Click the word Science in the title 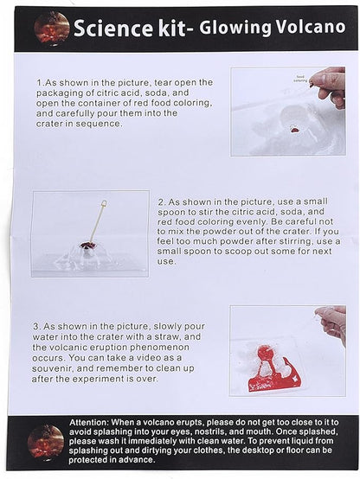[113, 29]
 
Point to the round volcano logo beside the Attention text [46, 443]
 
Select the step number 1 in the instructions [40, 83]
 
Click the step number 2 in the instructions [162, 202]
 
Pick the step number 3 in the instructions [36, 326]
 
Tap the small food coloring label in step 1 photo [300, 79]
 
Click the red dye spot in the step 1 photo [295, 131]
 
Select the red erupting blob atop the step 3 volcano [265, 353]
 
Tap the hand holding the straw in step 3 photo [332, 323]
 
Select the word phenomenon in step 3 [159, 348]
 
